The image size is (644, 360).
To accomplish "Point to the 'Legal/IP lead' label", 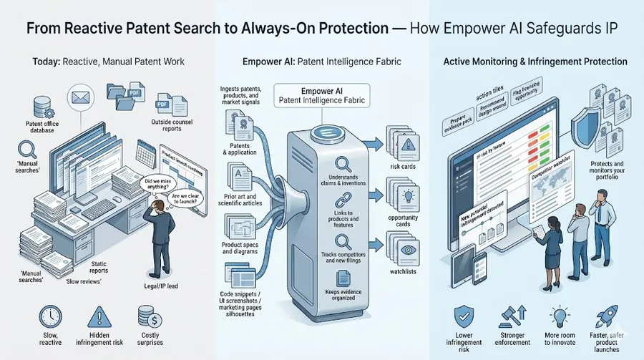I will click(169, 286).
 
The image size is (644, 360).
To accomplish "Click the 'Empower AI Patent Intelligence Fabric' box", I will click(321, 96).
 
